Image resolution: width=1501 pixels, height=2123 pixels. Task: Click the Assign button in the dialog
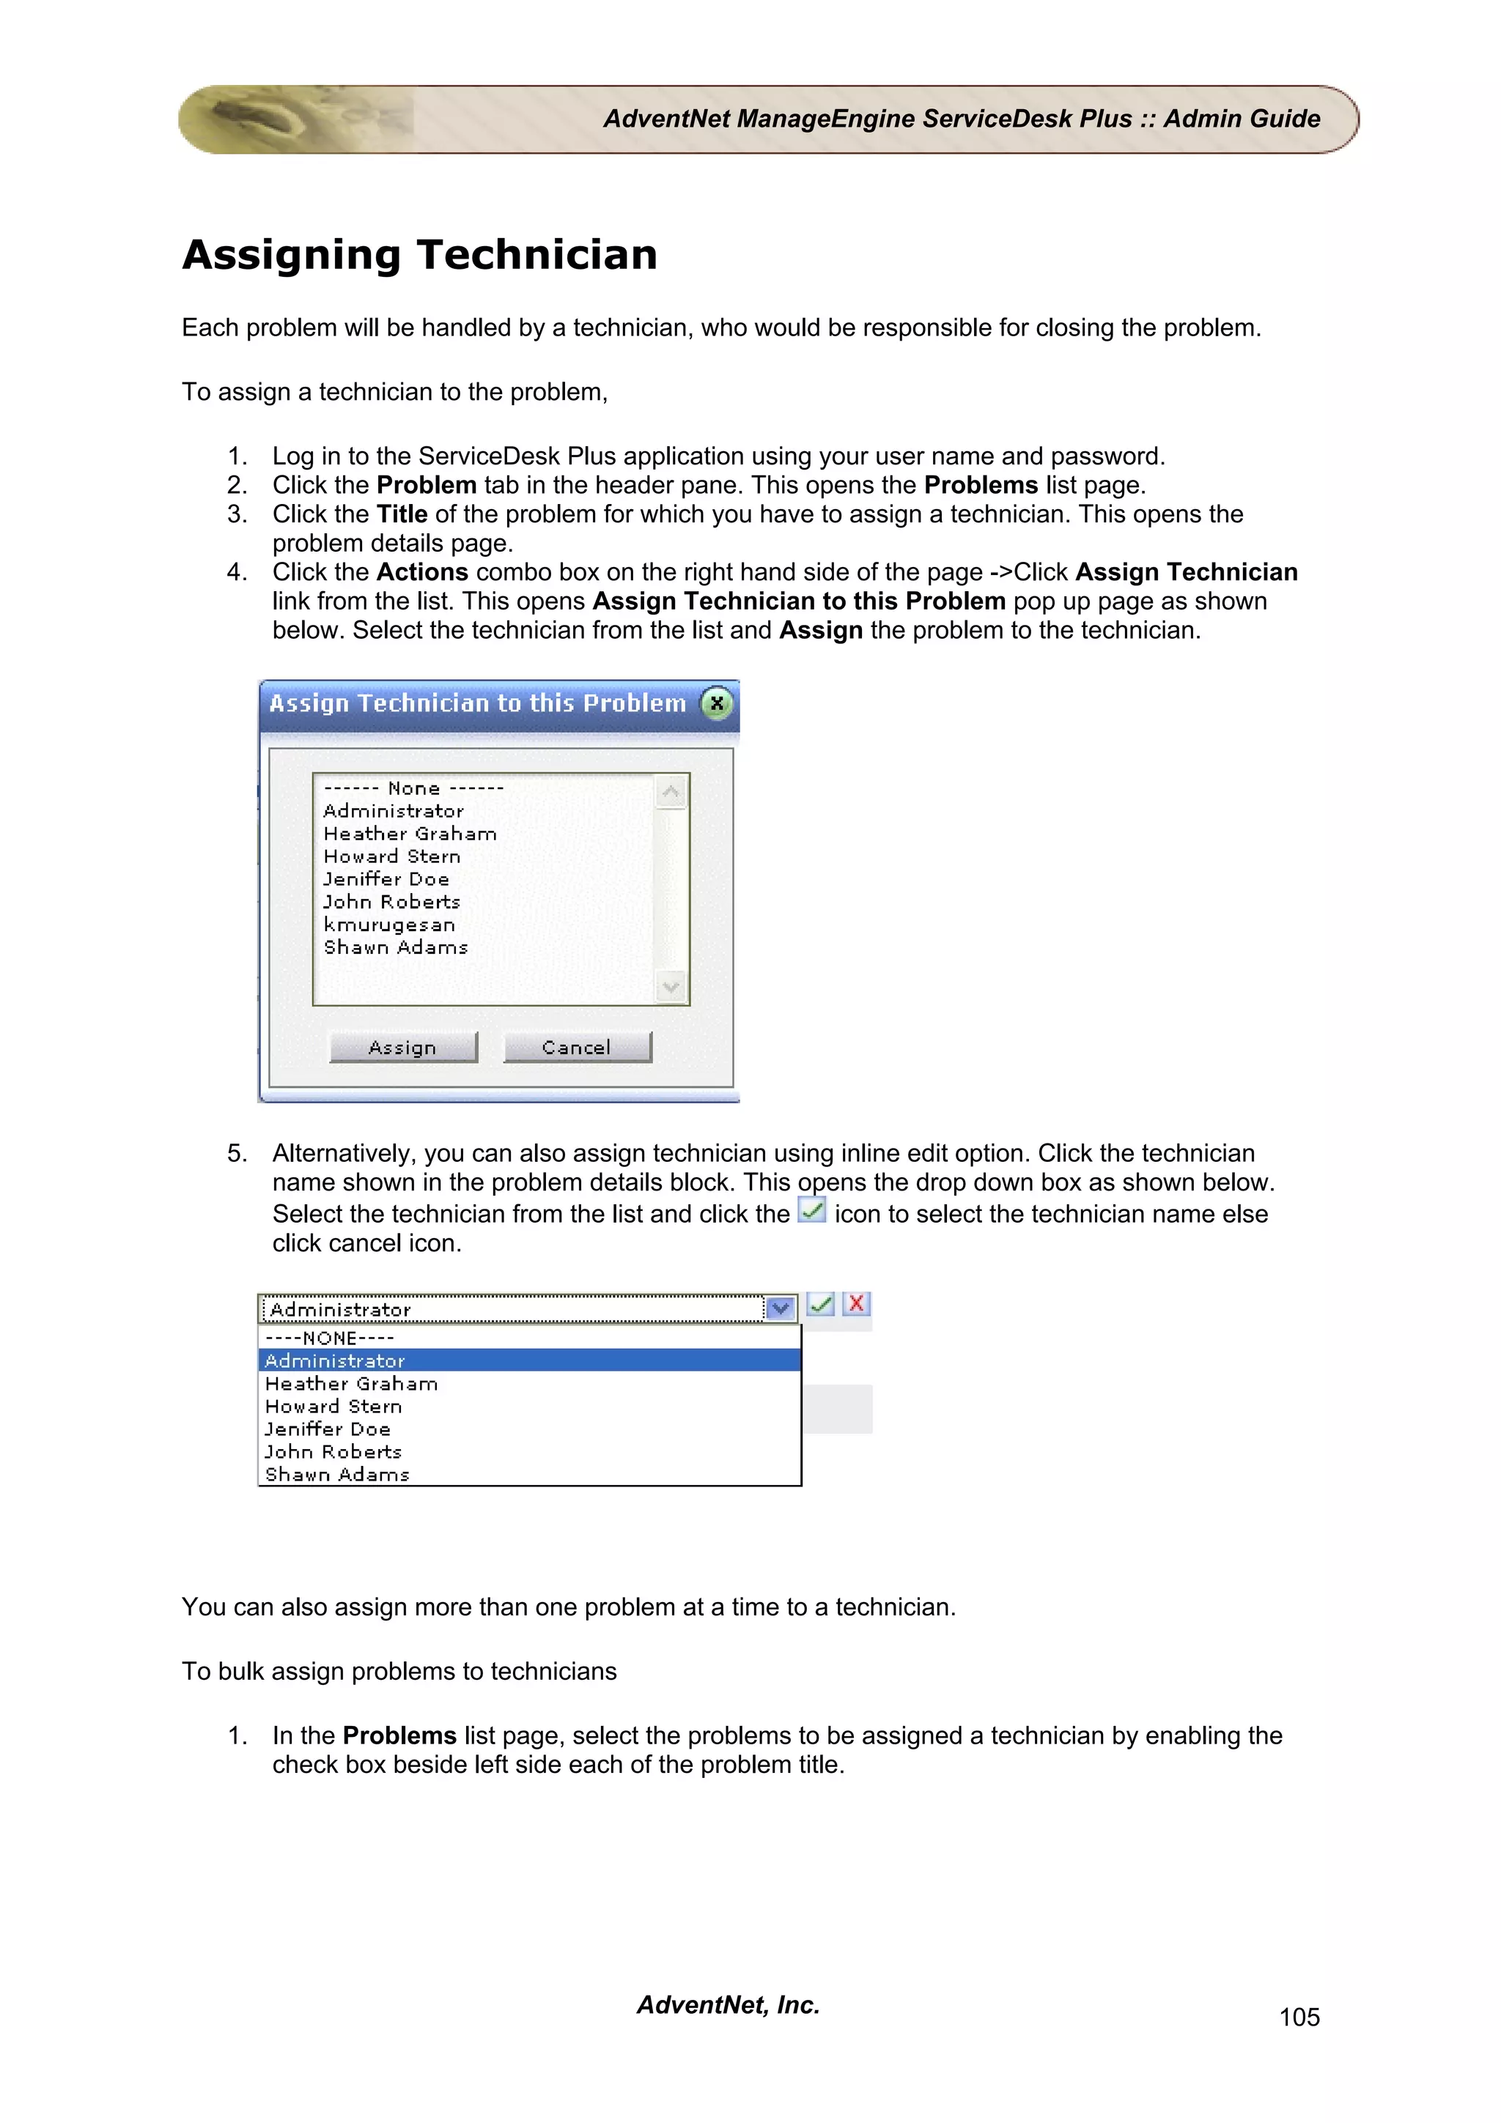click(403, 1047)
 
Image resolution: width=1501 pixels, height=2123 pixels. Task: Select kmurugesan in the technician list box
click(389, 925)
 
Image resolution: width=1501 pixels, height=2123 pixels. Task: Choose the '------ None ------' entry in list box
click(413, 789)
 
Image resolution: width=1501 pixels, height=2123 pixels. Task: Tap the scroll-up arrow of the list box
click(671, 791)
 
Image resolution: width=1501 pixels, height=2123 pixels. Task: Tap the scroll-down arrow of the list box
click(671, 987)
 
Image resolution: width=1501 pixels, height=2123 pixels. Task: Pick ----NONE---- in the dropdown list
click(330, 1338)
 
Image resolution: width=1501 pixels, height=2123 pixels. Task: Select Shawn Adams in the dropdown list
click(338, 1474)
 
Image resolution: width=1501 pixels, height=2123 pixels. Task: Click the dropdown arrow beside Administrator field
click(781, 1308)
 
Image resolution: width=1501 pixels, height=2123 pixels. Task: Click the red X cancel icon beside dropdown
click(856, 1304)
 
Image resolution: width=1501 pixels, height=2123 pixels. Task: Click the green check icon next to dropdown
click(820, 1304)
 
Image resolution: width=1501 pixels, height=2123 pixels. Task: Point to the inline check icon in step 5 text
click(811, 1210)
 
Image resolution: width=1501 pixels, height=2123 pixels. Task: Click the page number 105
click(1299, 2017)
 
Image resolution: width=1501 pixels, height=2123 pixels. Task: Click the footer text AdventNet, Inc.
click(728, 2004)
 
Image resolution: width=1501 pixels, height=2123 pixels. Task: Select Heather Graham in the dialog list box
click(410, 834)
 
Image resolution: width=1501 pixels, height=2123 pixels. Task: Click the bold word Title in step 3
click(402, 514)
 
